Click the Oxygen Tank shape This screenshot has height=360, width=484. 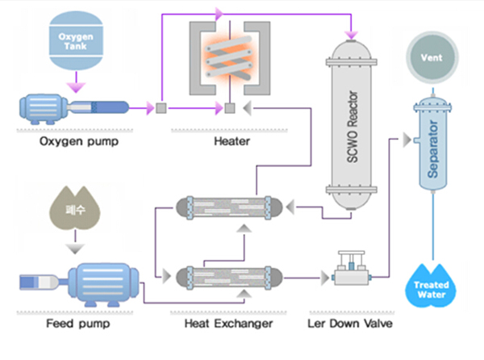[x=75, y=41]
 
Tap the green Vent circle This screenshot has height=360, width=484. [x=437, y=57]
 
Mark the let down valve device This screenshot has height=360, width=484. [x=348, y=270]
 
